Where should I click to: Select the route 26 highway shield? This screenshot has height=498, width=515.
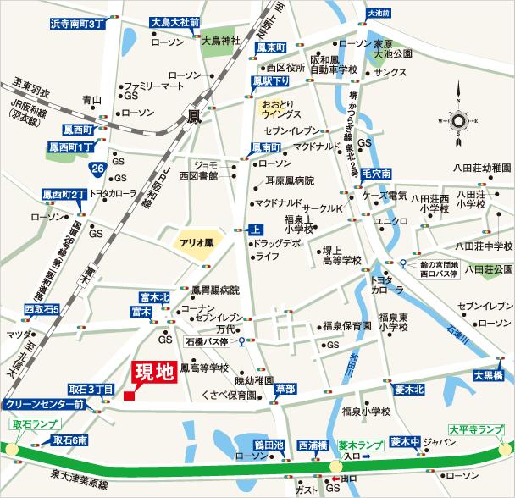99,170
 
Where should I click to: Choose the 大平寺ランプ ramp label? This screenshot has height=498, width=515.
480,429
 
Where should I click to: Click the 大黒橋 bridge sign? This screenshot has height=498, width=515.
489,375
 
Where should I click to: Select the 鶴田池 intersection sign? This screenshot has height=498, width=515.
267,444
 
